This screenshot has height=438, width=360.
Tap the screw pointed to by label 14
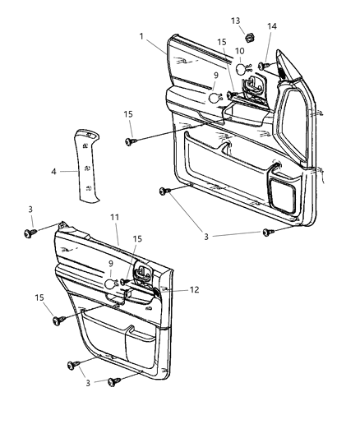tap(262, 66)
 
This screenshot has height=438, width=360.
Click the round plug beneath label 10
tap(239, 71)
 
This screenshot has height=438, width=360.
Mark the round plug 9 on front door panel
tap(214, 98)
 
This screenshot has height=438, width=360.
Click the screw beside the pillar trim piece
tap(130, 142)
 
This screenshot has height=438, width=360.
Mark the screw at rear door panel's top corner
tap(31, 233)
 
